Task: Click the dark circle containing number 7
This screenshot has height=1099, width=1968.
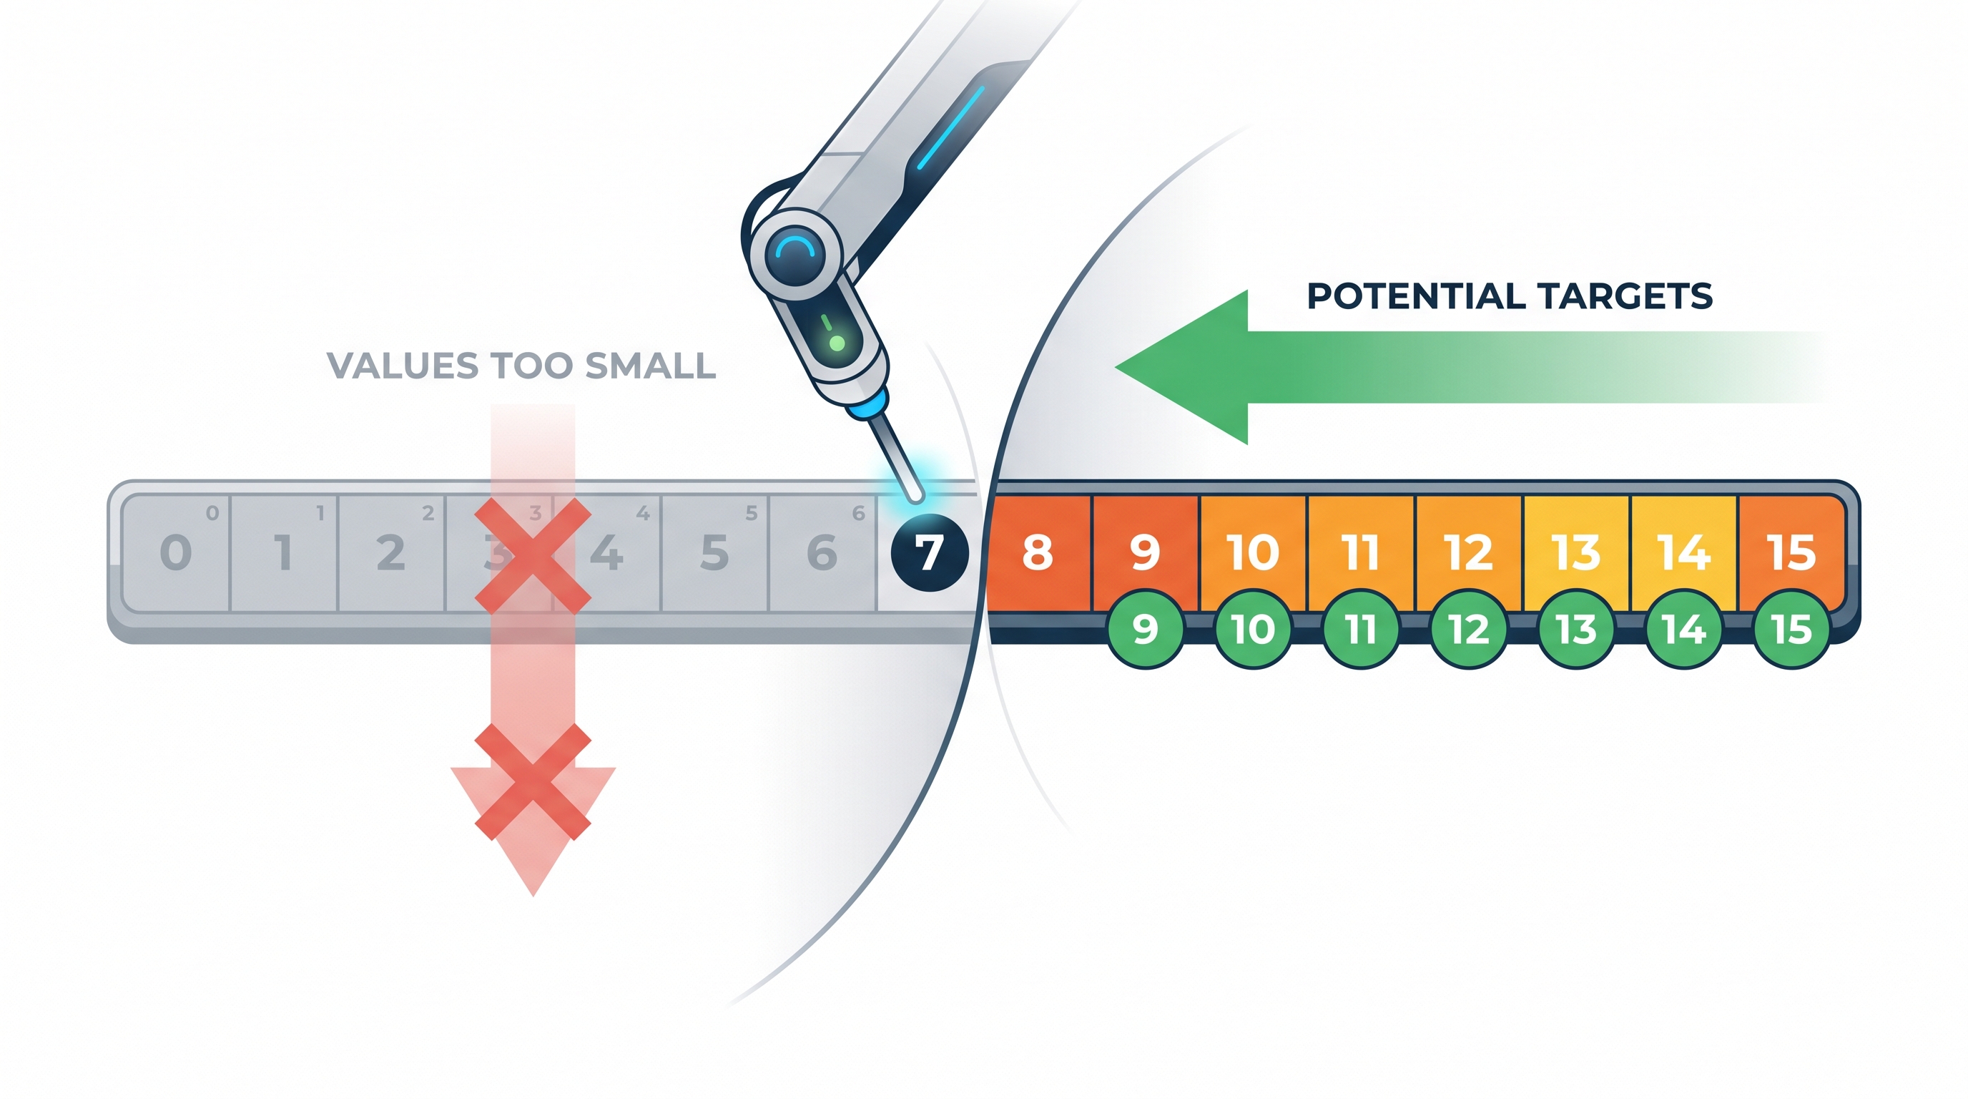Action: pyautogui.click(x=929, y=552)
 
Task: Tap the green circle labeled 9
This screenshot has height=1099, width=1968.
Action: pyautogui.click(x=1144, y=629)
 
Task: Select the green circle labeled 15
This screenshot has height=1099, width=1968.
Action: pyautogui.click(x=1791, y=629)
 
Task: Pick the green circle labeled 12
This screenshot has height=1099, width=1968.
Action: pyautogui.click(x=1468, y=629)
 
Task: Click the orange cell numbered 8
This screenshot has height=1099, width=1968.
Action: pyautogui.click(x=1038, y=553)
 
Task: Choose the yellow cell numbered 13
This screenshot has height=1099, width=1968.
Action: pyautogui.click(x=1577, y=553)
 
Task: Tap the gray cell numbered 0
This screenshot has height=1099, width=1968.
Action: pyautogui.click(x=176, y=553)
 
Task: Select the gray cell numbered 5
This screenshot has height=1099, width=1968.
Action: pyautogui.click(x=714, y=553)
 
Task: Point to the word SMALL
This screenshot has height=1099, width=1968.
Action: pyautogui.click(x=651, y=366)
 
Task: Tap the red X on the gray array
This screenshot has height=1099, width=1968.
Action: pyautogui.click(x=533, y=555)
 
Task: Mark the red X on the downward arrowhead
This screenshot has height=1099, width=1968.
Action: pyautogui.click(x=533, y=782)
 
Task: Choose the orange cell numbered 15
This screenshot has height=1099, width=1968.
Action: pyautogui.click(x=1791, y=553)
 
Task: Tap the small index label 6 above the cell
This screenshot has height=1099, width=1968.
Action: pyautogui.click(x=859, y=513)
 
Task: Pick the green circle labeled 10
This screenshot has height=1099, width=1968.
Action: pyautogui.click(x=1253, y=629)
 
